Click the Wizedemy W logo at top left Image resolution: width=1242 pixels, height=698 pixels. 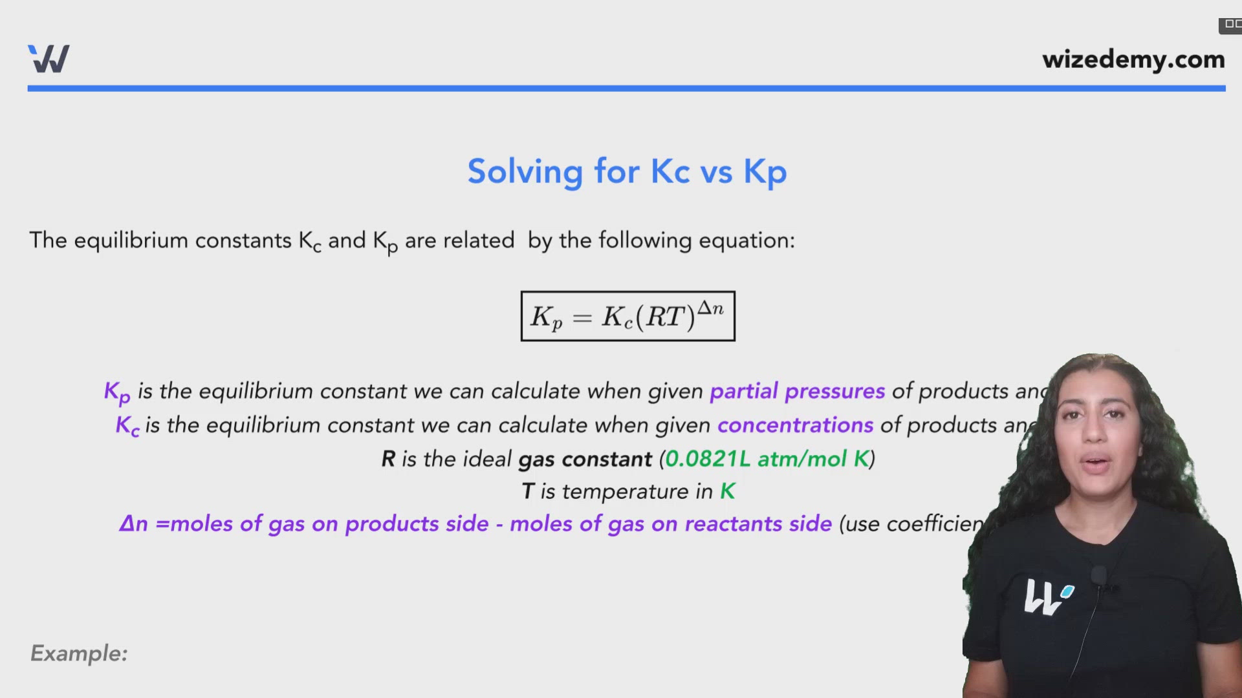(49, 59)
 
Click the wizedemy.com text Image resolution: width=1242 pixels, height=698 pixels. (1133, 59)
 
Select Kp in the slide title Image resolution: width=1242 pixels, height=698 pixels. (765, 172)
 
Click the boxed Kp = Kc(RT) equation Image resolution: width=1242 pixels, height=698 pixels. (627, 316)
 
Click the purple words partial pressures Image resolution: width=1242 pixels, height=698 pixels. (797, 391)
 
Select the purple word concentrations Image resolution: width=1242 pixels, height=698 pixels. (795, 425)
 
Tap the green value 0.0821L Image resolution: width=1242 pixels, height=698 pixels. (707, 459)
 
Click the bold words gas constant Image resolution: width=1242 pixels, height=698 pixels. (585, 459)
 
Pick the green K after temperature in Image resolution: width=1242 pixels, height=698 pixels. (728, 491)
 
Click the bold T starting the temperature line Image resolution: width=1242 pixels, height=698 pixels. (528, 491)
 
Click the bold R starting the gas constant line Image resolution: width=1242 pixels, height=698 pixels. (388, 459)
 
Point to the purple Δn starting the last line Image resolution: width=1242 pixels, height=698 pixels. (133, 523)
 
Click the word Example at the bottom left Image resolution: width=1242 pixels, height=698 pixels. (79, 653)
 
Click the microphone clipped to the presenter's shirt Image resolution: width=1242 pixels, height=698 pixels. (1098, 575)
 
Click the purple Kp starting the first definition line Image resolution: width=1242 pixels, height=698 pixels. (117, 392)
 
